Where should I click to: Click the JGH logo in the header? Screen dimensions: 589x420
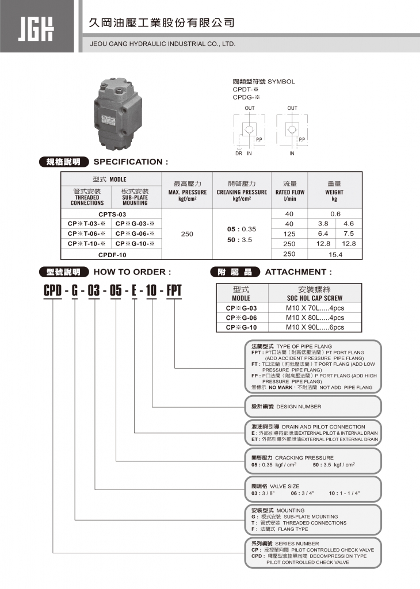36,26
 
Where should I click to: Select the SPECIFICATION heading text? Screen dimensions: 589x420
131,162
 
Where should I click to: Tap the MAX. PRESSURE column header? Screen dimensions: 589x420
187,192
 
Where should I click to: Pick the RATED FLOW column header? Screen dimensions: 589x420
289,192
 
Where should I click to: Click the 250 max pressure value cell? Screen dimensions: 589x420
187,234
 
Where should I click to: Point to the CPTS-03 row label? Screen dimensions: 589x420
112,214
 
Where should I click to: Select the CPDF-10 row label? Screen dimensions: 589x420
112,254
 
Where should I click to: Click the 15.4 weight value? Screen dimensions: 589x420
335,254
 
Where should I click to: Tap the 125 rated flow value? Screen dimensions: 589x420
289,234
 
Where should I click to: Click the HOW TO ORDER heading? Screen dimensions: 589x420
132,272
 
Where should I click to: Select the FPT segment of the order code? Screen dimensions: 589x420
173,290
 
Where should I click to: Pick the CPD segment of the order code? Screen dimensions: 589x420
54,290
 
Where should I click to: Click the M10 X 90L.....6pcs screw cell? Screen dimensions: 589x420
315,327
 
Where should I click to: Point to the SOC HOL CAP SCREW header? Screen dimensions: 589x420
315,298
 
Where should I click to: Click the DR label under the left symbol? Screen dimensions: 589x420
238,154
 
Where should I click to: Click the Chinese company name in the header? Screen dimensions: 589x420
162,23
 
